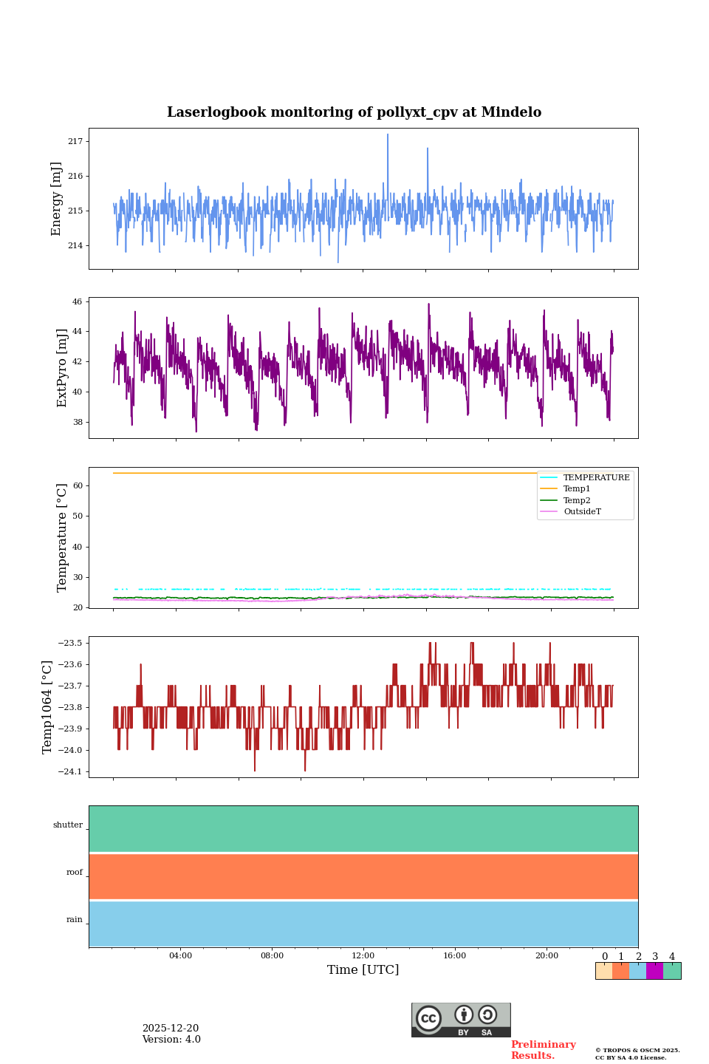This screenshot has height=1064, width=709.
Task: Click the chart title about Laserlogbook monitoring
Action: pyautogui.click(x=354, y=112)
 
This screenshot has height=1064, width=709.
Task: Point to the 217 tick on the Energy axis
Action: pyautogui.click(x=76, y=141)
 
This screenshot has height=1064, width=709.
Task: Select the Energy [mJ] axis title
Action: pyautogui.click(x=56, y=199)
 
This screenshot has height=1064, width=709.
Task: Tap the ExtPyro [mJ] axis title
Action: pyautogui.click(x=62, y=368)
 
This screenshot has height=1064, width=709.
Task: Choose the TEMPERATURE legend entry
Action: pyautogui.click(x=596, y=478)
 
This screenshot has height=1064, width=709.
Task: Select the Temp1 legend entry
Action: pyautogui.click(x=577, y=489)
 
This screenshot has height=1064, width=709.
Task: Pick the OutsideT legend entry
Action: pyautogui.click(x=582, y=511)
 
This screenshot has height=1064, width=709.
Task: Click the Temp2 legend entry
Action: pyautogui.click(x=577, y=500)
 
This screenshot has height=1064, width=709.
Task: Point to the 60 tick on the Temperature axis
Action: pyautogui.click(x=78, y=485)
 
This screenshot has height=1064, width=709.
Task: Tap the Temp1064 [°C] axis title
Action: pyautogui.click(x=48, y=707)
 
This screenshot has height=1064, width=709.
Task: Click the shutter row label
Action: pyautogui.click(x=68, y=825)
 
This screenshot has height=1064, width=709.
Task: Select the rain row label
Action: pyautogui.click(x=75, y=920)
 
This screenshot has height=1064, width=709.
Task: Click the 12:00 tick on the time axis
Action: pyautogui.click(x=363, y=955)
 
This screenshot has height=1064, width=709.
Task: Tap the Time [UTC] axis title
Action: pyautogui.click(x=363, y=970)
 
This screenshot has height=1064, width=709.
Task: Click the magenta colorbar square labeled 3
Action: pyautogui.click(x=654, y=971)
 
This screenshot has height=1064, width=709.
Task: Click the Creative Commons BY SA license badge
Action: pyautogui.click(x=461, y=1020)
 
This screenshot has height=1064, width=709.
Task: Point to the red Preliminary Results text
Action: pyautogui.click(x=543, y=1050)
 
